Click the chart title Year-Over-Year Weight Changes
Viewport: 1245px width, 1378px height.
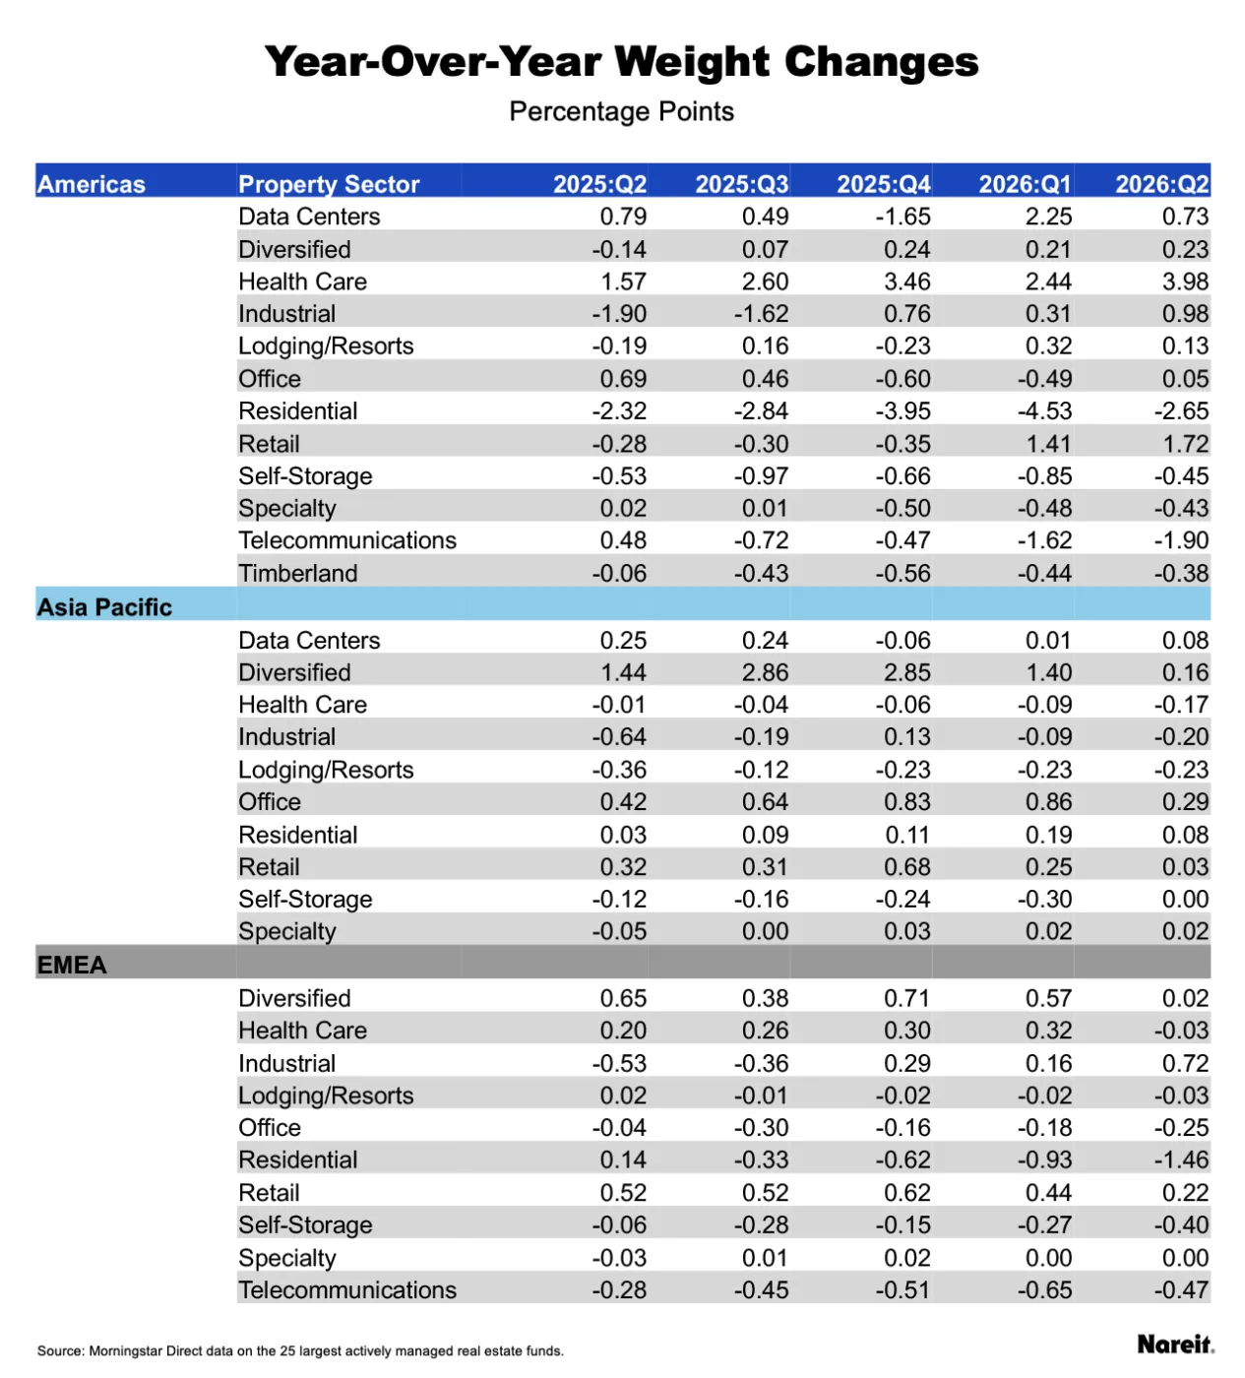621,62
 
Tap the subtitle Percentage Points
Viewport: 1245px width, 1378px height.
621,111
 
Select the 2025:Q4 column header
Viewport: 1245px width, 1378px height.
884,184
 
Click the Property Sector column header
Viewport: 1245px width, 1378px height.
329,184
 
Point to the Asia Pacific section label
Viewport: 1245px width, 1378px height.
104,607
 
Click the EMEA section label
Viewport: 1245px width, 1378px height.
72,966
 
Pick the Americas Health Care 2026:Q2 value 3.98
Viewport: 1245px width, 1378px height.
1185,282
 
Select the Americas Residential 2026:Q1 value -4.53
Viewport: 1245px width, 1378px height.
1044,410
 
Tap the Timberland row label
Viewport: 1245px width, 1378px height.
297,573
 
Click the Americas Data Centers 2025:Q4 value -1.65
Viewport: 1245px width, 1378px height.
903,217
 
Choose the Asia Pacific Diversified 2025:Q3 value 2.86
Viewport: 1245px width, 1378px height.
766,672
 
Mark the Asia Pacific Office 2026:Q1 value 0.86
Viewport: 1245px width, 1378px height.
1048,801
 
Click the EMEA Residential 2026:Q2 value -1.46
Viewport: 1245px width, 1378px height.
1181,1159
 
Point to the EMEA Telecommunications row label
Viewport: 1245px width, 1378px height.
347,1289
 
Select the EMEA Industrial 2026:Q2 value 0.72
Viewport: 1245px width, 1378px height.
1185,1063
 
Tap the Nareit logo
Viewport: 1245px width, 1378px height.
1175,1344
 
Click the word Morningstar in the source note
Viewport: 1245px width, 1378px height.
127,1351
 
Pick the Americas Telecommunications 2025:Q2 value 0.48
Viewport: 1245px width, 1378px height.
623,540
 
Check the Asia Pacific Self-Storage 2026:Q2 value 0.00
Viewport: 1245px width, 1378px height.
1185,899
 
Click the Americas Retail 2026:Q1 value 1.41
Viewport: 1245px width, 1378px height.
1048,444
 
